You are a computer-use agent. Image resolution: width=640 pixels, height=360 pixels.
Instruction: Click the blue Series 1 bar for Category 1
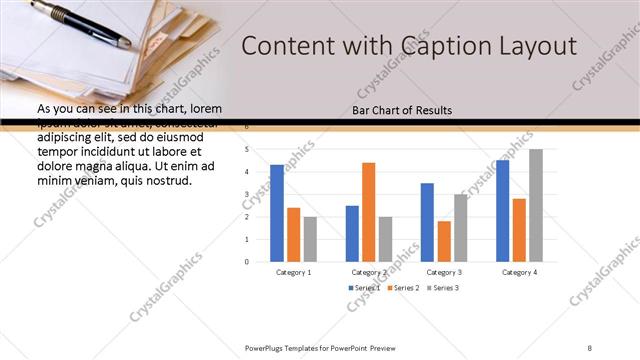tap(277, 213)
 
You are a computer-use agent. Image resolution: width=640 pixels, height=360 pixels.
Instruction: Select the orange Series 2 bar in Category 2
tap(369, 212)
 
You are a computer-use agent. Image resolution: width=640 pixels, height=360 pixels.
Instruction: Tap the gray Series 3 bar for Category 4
tap(536, 205)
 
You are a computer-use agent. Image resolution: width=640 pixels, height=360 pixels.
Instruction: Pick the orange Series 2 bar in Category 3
tap(444, 241)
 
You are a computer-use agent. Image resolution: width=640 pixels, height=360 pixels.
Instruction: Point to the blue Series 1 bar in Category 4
tap(502, 211)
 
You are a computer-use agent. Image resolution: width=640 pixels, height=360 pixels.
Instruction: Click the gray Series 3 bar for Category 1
tap(310, 239)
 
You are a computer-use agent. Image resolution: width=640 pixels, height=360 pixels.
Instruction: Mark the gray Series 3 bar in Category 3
tap(460, 228)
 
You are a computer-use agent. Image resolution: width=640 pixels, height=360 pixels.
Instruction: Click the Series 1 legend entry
tap(364, 288)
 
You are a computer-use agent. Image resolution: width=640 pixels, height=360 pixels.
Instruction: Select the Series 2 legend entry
tap(402, 288)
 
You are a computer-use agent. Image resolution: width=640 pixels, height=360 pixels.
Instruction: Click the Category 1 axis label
tap(293, 272)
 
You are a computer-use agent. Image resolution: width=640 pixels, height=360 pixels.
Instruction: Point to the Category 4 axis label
tap(519, 272)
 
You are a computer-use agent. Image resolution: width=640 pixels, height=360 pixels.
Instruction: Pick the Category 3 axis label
tap(444, 272)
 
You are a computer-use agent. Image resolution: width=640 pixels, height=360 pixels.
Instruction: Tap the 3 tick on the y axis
tap(247, 194)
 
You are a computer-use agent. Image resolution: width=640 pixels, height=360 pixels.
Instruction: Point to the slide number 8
tap(590, 347)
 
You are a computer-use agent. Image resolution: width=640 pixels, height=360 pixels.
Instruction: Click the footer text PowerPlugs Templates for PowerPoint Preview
tap(320, 347)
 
